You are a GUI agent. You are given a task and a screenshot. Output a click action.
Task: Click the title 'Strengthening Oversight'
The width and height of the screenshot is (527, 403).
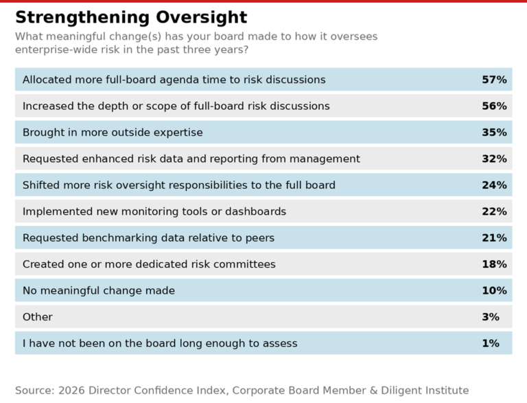pos(131,17)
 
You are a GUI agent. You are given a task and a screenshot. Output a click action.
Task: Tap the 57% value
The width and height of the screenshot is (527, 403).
pos(494,80)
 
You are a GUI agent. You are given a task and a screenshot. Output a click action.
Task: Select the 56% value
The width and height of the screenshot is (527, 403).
pos(494,106)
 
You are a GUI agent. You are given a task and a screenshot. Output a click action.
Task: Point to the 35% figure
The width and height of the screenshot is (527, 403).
pos(494,133)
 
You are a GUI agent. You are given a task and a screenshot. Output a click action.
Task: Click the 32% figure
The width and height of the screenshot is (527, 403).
pos(494,159)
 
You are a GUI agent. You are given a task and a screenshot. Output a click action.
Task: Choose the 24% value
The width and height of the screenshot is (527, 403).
pos(494,185)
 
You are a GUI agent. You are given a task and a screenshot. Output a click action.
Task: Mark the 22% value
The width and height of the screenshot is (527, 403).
pos(494,211)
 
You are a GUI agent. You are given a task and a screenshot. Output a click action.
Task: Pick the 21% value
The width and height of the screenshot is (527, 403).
pos(494,238)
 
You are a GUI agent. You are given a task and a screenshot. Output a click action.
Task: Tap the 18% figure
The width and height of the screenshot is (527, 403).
pos(494,264)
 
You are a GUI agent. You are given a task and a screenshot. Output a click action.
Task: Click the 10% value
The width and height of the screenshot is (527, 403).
pos(494,290)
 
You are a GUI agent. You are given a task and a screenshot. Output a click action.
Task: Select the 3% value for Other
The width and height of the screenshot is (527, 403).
pos(491,317)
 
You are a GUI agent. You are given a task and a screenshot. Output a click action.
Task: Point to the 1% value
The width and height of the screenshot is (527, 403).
pos(491,343)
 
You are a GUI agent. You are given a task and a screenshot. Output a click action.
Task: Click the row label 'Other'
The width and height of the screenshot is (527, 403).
pos(38,317)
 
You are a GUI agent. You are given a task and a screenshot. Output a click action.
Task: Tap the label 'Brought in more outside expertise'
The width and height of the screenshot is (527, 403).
pos(113,133)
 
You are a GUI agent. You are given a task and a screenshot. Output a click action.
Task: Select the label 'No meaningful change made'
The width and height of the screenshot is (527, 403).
pos(99,290)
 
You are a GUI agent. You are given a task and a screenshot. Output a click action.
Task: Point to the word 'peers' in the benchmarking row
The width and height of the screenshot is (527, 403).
pos(259,238)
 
